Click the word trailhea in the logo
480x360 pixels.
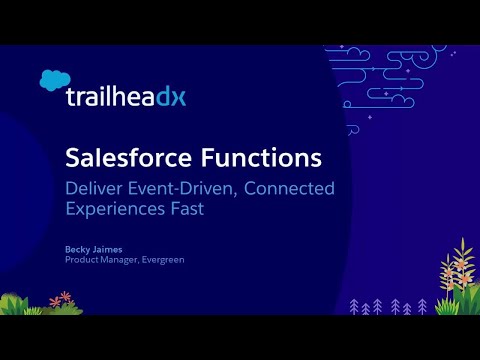[110, 97]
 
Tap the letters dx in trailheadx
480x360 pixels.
[171, 97]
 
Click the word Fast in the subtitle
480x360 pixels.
[202, 210]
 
